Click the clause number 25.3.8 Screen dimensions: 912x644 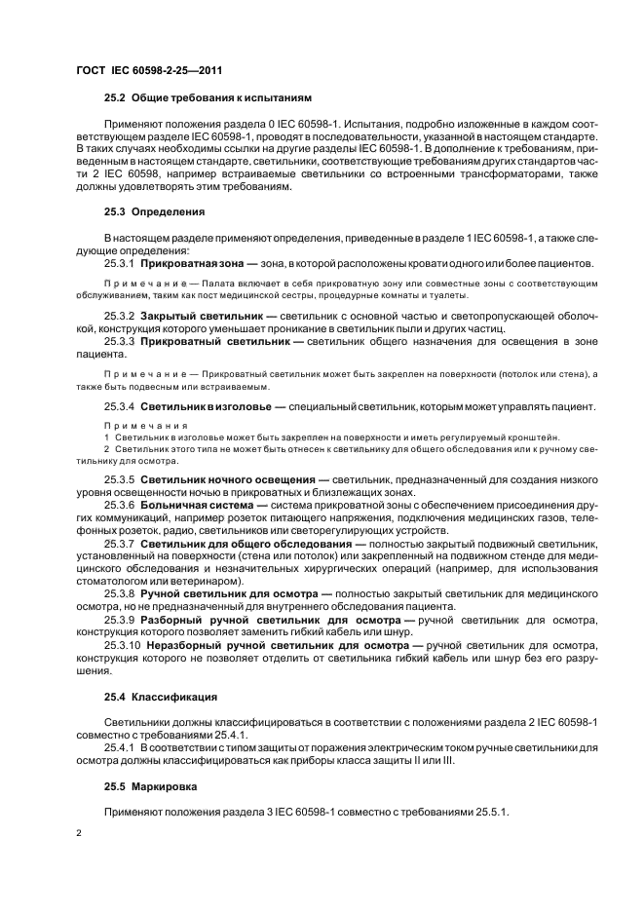119,592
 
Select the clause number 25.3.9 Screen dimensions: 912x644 119,620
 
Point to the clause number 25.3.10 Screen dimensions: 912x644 122,645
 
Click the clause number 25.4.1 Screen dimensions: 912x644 119,748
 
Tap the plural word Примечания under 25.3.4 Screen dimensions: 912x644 132,426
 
